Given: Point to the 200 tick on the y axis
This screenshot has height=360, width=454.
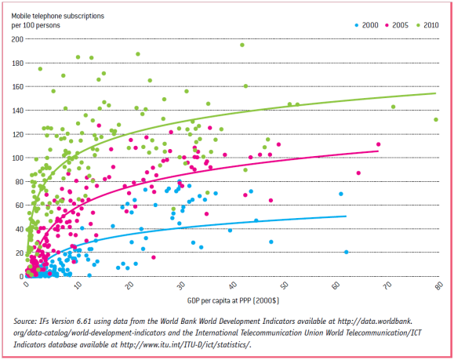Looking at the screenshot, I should (17, 38).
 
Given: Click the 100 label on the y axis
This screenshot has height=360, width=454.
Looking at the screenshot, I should (17, 158).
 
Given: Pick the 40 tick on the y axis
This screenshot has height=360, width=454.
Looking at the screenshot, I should (19, 229).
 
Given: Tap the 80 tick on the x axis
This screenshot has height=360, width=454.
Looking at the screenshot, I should (438, 285).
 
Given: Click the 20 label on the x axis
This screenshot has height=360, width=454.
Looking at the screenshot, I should (130, 285).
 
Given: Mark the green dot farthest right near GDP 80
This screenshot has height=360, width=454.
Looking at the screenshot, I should (436, 120).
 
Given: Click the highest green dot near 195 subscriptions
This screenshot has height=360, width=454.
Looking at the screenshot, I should (242, 45).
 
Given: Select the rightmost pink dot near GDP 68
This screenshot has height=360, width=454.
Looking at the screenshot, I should (379, 144).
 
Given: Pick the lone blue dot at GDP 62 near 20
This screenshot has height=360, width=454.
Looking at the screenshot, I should (347, 252).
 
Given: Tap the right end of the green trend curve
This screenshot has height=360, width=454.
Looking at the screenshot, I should (435, 93).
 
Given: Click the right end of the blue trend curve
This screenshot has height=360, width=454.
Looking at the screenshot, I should (346, 216).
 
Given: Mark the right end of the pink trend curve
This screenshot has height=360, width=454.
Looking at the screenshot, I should (377, 151).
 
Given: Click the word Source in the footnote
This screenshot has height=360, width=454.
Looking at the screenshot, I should (28, 320).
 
